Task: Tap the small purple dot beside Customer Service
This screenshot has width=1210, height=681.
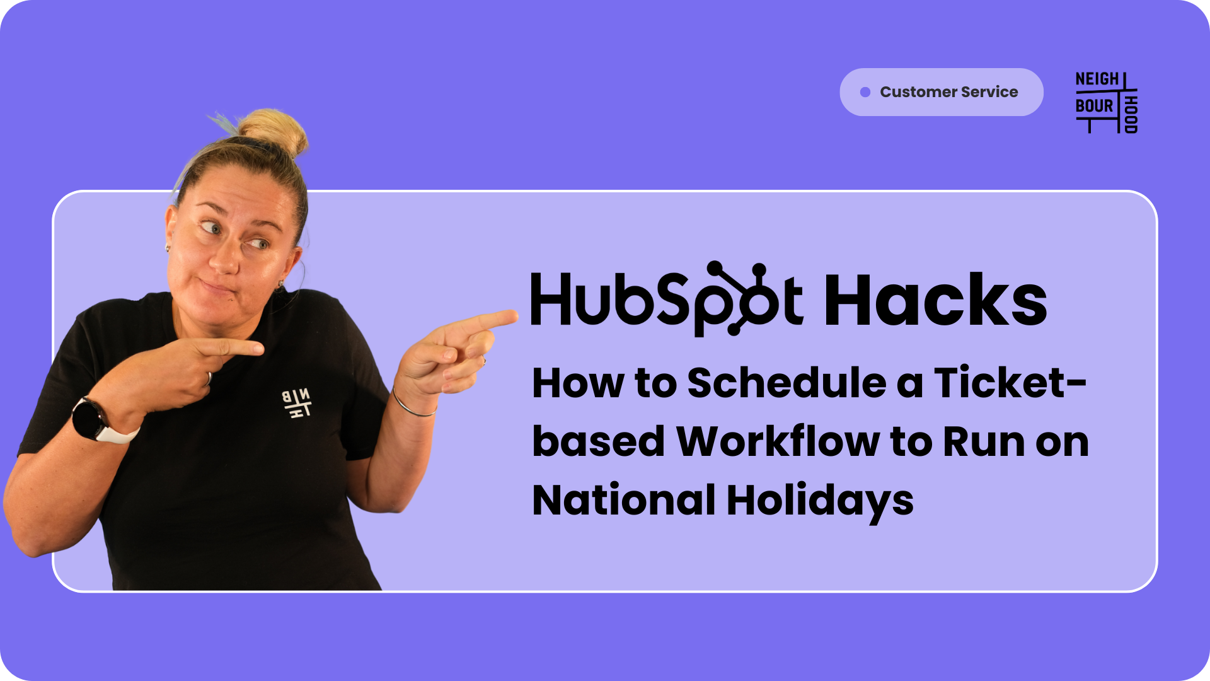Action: tap(865, 92)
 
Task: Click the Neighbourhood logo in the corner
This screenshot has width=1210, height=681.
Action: tap(1107, 103)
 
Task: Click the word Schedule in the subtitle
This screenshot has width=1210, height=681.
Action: tap(786, 383)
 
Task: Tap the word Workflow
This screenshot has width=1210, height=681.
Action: tap(778, 441)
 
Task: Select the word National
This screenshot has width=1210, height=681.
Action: tap(624, 500)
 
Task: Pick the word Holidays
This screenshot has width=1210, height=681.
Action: tap(820, 502)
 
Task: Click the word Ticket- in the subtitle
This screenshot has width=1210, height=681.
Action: tap(1010, 383)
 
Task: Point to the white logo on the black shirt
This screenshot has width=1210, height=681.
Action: tap(296, 404)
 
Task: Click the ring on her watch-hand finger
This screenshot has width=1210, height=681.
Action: tap(209, 378)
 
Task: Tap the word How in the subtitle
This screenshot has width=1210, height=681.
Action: tap(578, 383)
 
